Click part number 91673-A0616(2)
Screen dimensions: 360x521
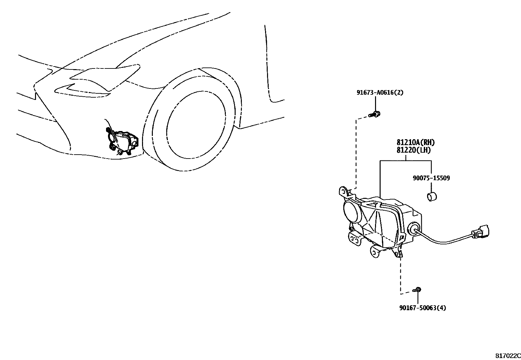pyautogui.click(x=380, y=93)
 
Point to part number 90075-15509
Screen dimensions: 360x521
pyautogui.click(x=431, y=178)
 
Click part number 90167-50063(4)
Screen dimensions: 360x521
pyautogui.click(x=422, y=308)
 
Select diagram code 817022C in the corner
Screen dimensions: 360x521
pyautogui.click(x=508, y=355)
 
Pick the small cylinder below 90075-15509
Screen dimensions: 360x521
pyautogui.click(x=432, y=197)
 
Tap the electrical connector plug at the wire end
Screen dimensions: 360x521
pyautogui.click(x=481, y=233)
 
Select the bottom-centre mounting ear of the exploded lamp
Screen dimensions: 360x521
pyautogui.click(x=375, y=252)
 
